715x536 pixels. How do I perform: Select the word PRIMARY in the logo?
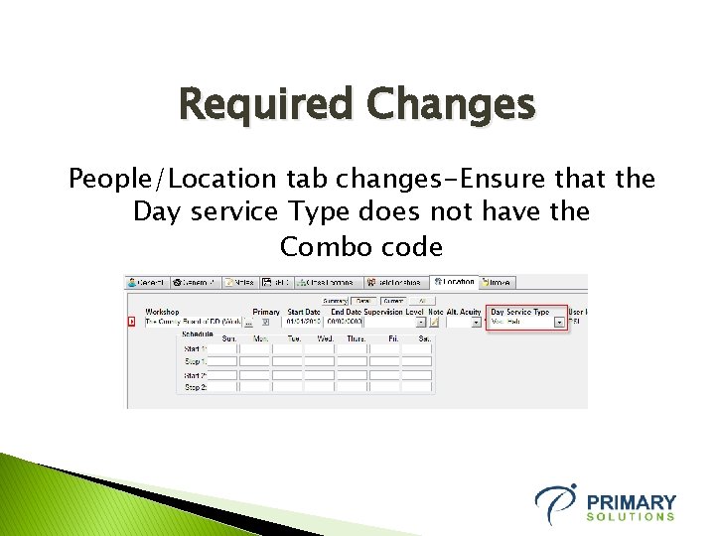coord(631,502)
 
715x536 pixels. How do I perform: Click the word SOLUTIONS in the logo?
coord(631,517)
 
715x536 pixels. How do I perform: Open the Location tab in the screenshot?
coord(455,282)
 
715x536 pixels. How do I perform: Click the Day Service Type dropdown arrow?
coord(559,322)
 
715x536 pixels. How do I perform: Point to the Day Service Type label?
coord(519,312)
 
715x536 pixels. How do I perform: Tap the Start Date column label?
coord(303,312)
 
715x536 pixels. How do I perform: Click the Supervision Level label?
coord(393,312)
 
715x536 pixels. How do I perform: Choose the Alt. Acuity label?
coord(464,312)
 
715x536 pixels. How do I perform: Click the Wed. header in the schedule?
coord(325,338)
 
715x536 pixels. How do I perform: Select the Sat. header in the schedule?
coord(423,338)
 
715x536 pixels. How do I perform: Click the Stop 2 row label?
coord(196,387)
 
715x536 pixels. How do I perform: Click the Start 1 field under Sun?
coord(223,349)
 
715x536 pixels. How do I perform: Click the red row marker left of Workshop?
coord(131,322)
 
